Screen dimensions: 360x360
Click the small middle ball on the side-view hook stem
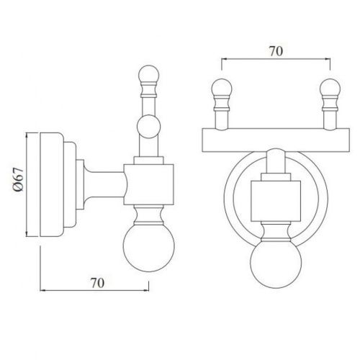click(149, 129)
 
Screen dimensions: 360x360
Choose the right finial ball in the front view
click(330, 91)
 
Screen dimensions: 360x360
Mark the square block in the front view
click(276, 199)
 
